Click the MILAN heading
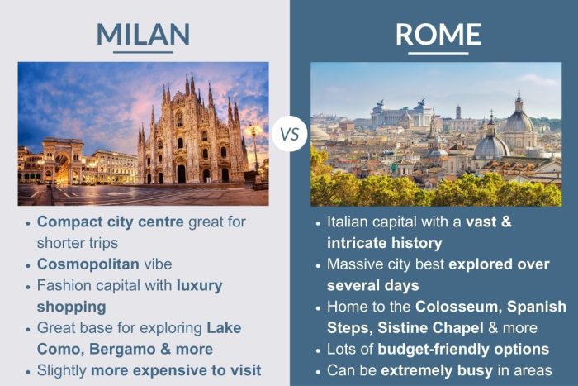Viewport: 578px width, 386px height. [143, 33]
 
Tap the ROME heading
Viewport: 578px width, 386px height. [438, 33]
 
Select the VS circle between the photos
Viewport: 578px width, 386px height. [289, 133]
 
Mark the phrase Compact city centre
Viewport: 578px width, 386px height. [111, 222]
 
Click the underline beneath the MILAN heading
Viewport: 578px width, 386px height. [143, 52]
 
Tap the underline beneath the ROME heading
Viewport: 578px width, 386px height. [438, 52]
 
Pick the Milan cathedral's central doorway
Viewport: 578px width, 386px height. [181, 173]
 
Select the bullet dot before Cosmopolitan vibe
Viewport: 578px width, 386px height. [27, 265]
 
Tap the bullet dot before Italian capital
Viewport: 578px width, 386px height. [318, 223]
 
